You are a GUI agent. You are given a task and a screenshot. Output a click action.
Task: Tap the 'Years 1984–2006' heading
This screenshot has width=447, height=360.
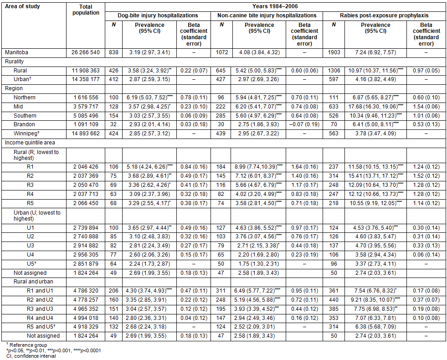pos(276,6)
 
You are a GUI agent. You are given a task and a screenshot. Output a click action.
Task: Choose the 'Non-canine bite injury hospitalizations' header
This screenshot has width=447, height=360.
pos(267,15)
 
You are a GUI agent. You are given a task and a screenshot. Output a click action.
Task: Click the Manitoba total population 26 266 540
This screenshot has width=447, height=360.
pos(86,52)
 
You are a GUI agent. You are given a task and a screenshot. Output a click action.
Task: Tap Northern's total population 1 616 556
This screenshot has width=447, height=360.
pos(86,98)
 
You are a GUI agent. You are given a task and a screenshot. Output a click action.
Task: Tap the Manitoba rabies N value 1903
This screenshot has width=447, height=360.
pos(334,52)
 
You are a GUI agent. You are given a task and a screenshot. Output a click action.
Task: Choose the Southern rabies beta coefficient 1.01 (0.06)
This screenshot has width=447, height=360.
pos(426,116)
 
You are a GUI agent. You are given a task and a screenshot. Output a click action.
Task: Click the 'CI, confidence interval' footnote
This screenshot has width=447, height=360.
pos(29,355)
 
